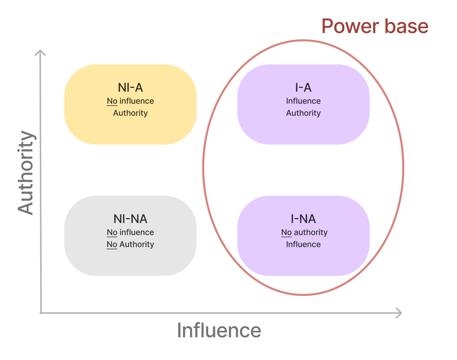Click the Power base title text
[375, 26]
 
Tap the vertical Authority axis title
[26, 173]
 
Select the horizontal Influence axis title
[219, 330]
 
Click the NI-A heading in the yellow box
[130, 88]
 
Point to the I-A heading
[303, 88]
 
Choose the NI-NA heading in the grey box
[130, 219]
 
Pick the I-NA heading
[303, 219]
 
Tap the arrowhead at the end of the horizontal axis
[399, 313]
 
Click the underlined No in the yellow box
[112, 101]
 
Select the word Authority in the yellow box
[130, 113]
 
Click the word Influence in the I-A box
[303, 101]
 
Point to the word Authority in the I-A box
[303, 113]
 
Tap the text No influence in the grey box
[130, 232]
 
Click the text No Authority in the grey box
[130, 244]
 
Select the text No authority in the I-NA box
[304, 232]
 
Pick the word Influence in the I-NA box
[303, 244]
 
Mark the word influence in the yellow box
[137, 101]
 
